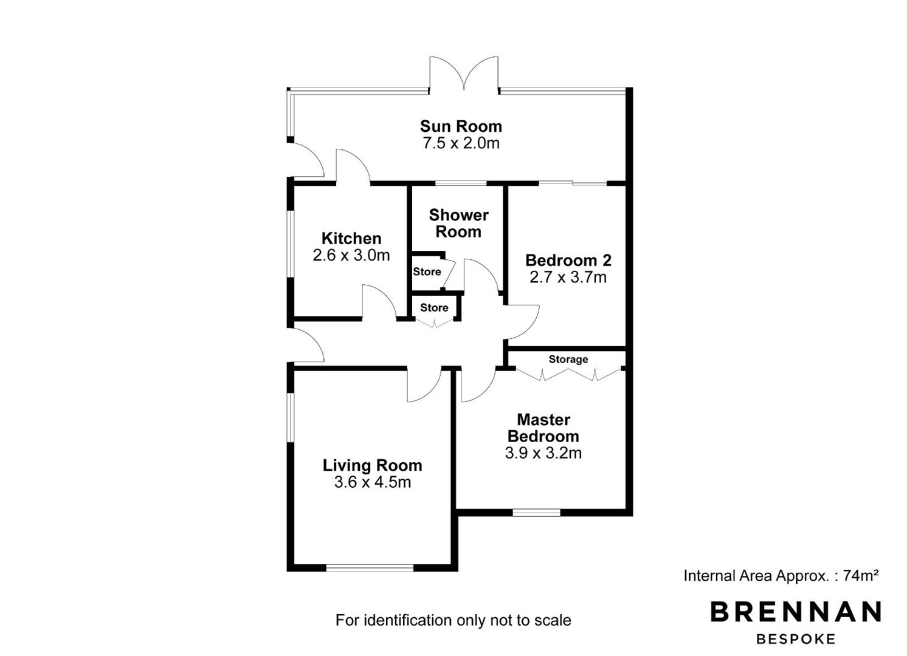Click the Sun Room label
[x=461, y=126]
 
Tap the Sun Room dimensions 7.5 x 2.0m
[x=461, y=143]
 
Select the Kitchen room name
[x=351, y=238]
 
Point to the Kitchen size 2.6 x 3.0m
[x=351, y=255]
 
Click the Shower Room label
[x=459, y=224]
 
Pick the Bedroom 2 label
[x=568, y=260]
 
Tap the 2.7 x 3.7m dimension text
[x=568, y=277]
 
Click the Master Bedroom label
[x=543, y=428]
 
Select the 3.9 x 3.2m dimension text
[x=543, y=453]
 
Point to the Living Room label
[x=373, y=465]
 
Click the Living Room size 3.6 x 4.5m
[x=373, y=482]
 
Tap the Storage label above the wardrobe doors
[x=568, y=360]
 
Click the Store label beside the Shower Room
[x=427, y=272]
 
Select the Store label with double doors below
[x=434, y=307]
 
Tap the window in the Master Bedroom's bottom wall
[x=537, y=512]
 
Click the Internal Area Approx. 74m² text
[x=781, y=575]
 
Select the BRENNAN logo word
[x=796, y=612]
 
